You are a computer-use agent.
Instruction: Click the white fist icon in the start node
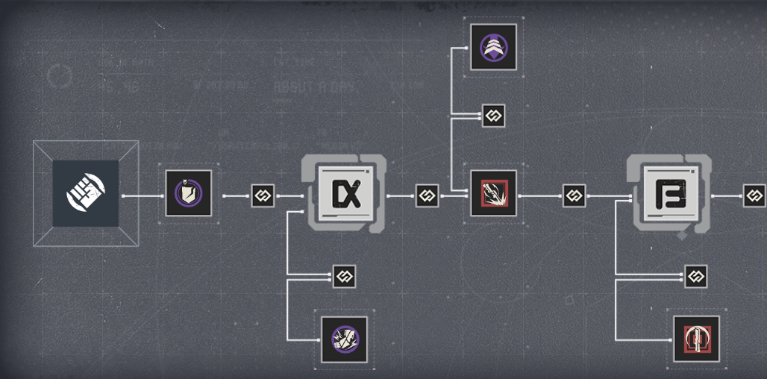click(85, 193)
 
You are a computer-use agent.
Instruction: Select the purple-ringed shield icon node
click(188, 194)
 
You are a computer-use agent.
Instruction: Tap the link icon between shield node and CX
click(263, 196)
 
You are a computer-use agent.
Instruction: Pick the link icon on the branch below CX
click(344, 277)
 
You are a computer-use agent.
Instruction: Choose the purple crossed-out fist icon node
click(344, 339)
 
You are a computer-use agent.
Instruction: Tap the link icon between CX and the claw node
click(427, 196)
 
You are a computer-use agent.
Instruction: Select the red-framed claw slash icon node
click(493, 194)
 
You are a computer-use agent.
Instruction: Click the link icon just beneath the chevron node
click(493, 115)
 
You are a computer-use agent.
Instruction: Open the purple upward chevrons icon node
click(493, 47)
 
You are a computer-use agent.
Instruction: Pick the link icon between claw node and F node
click(574, 196)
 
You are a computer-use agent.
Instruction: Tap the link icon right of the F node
click(754, 196)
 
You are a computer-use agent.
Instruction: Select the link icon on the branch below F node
click(695, 277)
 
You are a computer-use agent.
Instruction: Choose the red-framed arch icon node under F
click(696, 339)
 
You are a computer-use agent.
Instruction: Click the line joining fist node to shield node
click(142, 196)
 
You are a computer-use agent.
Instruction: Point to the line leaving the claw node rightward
click(539, 196)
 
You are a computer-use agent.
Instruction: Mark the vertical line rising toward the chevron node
click(453, 82)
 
